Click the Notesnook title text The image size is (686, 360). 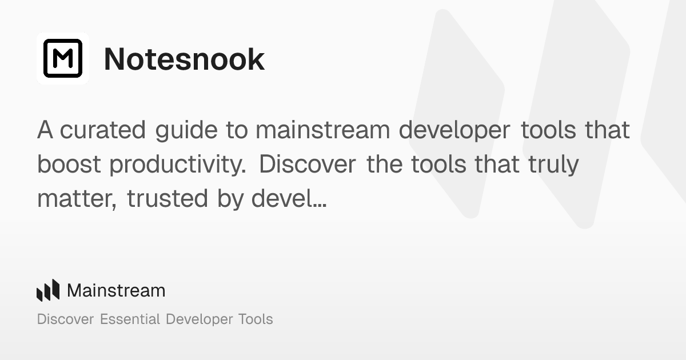(184, 59)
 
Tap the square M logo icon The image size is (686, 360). (63, 58)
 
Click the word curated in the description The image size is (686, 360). (103, 130)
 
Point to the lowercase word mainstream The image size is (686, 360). (323, 130)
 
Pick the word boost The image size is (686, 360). (69, 165)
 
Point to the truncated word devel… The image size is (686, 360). (289, 198)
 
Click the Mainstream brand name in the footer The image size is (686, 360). (116, 290)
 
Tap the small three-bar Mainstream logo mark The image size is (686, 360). (48, 290)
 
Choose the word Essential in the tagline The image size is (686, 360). (130, 319)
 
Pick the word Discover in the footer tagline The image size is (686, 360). (65, 319)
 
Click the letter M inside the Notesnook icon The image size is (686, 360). (63, 59)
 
